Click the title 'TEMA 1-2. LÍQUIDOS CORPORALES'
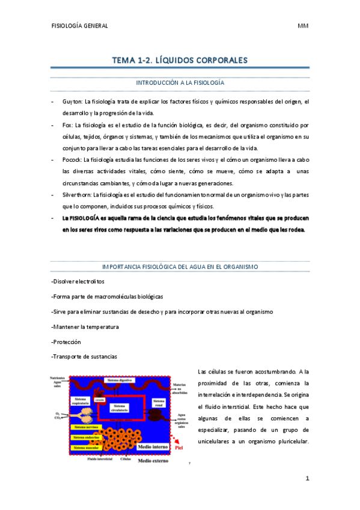point(180,60)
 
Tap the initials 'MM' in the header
point(302,26)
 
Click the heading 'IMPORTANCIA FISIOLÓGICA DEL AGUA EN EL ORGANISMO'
point(180,266)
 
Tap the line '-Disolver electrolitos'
point(78,281)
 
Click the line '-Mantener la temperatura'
point(85,327)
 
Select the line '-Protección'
point(66,342)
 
